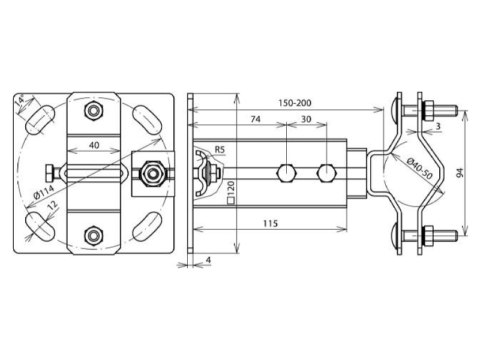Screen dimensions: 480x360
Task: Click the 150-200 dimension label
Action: tap(295, 103)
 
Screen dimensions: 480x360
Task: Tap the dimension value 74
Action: tap(256, 119)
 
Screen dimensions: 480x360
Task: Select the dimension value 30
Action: tap(306, 119)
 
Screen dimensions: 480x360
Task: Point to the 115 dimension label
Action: tap(271, 223)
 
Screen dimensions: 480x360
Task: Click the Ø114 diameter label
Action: tap(44, 192)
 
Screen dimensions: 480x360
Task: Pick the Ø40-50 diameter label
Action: tap(419, 169)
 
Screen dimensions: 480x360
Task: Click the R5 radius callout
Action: tap(220, 149)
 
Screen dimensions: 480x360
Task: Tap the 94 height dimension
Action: tap(460, 173)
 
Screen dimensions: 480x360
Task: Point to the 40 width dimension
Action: tap(94, 145)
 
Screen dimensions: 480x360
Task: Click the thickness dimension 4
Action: tap(208, 260)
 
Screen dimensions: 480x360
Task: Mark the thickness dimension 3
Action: tap(439, 126)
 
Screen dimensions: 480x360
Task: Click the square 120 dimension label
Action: tap(231, 193)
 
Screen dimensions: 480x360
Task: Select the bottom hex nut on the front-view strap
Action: tap(94, 235)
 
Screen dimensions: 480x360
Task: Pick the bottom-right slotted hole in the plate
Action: tap(147, 227)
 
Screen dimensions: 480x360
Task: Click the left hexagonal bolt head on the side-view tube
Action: tap(286, 173)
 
